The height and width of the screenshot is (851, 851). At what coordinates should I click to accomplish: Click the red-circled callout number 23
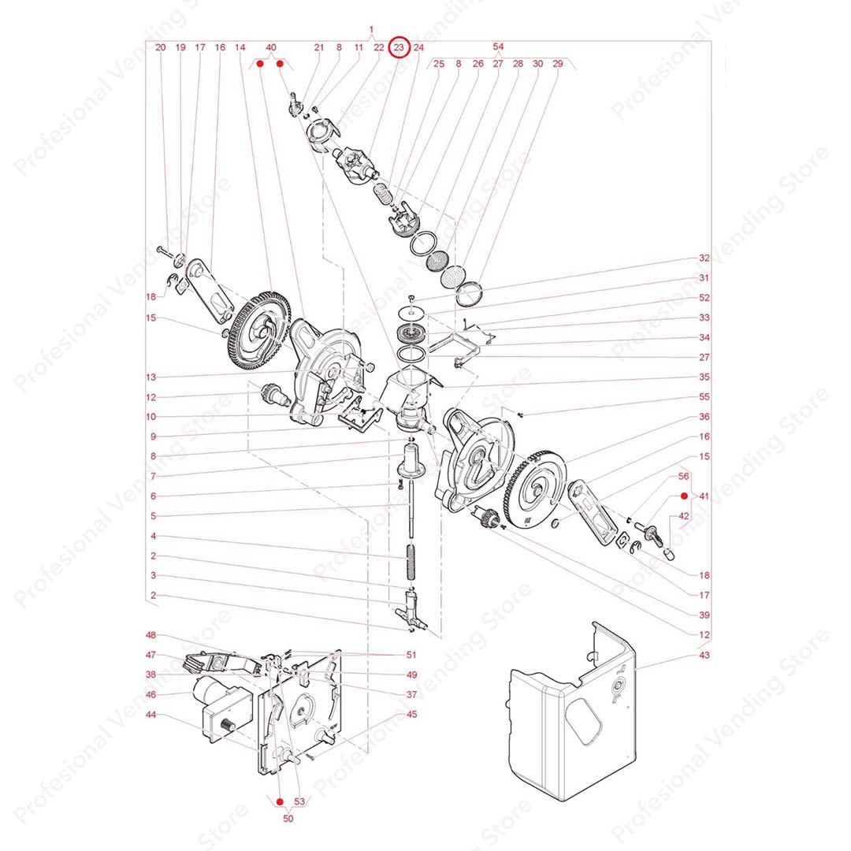[399, 47]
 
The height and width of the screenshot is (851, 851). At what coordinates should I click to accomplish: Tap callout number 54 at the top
[498, 46]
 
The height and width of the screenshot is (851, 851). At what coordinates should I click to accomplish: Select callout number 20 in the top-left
[161, 47]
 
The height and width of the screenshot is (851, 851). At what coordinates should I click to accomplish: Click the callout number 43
[704, 655]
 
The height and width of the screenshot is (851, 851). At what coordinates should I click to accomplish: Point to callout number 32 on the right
[704, 258]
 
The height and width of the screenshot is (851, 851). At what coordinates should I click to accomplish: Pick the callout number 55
[704, 396]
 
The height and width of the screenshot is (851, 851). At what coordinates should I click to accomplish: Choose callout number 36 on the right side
[704, 417]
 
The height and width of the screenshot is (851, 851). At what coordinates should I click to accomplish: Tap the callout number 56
[684, 476]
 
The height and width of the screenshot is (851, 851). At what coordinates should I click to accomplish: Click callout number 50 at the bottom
[288, 818]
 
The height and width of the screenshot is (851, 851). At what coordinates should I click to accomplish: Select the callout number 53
[299, 801]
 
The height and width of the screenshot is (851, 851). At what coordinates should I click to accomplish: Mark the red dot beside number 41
[685, 496]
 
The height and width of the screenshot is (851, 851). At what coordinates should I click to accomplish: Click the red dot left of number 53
[280, 801]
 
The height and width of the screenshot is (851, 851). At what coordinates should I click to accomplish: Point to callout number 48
[151, 635]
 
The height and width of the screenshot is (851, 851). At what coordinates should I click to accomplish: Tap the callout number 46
[151, 695]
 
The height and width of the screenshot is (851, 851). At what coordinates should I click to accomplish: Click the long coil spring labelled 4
[412, 563]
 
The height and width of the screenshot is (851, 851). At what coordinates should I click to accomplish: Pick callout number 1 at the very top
[371, 29]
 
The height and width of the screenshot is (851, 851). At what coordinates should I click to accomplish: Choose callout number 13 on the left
[151, 377]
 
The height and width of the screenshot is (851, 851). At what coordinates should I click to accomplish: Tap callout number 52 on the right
[704, 297]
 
